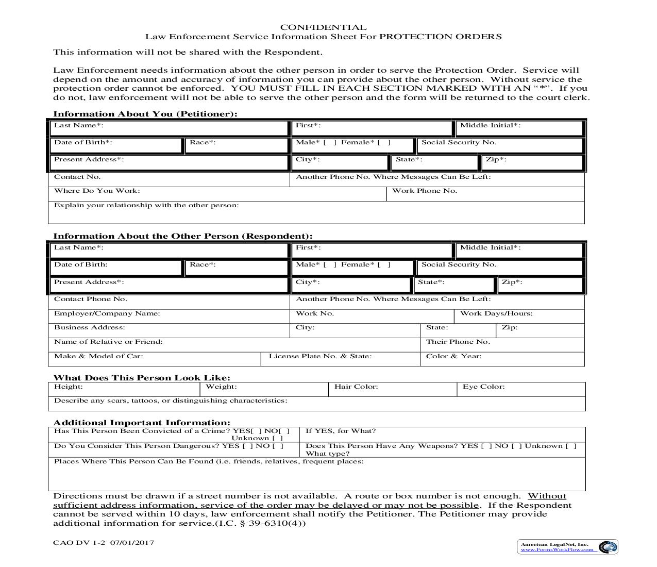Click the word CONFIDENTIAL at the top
pos(323,27)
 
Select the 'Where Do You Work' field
pos(258,194)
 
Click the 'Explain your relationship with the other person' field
pos(316,215)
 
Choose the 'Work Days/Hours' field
pos(557,316)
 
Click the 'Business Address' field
pos(206,330)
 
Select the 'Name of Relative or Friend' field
pos(289,345)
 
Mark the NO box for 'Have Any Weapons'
pos(516,446)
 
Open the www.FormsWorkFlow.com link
pos(557,550)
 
